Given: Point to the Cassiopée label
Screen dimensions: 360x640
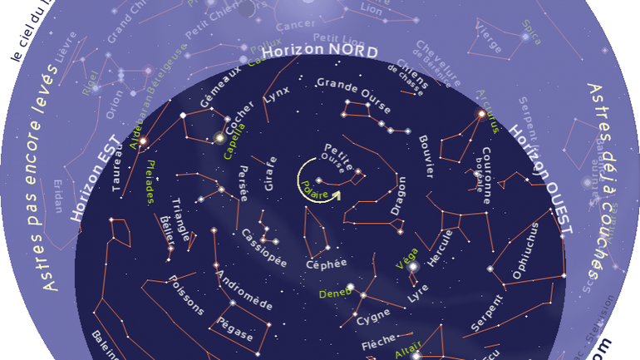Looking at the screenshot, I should pyautogui.click(x=263, y=247).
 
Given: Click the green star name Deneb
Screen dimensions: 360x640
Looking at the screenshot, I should pyautogui.click(x=334, y=293).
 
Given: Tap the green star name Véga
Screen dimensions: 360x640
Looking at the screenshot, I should pyautogui.click(x=406, y=259).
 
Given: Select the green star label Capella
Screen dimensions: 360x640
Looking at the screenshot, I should pyautogui.click(x=234, y=140).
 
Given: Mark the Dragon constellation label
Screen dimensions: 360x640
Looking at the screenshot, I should pyautogui.click(x=398, y=195).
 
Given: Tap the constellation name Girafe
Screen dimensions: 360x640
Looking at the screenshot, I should pyautogui.click(x=270, y=174).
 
